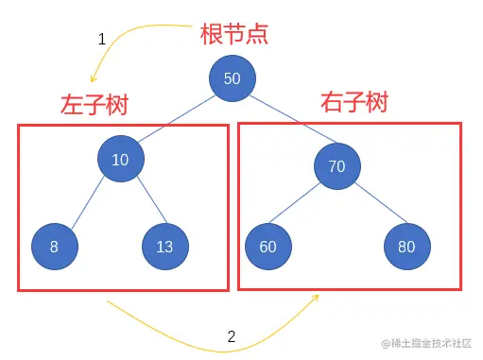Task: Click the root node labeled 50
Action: [x=232, y=78]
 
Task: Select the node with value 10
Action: [x=120, y=160]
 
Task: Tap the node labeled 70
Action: [x=336, y=167]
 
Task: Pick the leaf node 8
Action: [x=54, y=248]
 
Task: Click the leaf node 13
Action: [x=164, y=248]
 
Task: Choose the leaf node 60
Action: [x=267, y=248]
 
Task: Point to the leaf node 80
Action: [x=406, y=248]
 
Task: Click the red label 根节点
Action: [x=234, y=34]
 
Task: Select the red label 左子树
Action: [x=94, y=104]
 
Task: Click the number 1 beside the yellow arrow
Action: [x=102, y=40]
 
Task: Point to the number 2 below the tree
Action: [x=232, y=335]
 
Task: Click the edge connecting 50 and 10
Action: [x=177, y=118]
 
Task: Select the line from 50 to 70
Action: [x=285, y=124]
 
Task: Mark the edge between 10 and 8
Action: [x=88, y=202]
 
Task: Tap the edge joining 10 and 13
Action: [x=142, y=203]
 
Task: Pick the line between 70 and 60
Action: [x=302, y=207]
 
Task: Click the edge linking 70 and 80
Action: [x=371, y=207]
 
